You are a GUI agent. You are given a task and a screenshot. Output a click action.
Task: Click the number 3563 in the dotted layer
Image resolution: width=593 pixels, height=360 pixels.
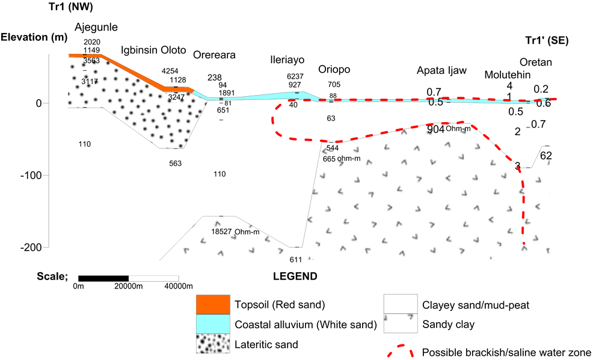(x=91, y=61)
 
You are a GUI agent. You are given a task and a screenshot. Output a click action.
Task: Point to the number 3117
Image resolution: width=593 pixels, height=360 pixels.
(x=90, y=81)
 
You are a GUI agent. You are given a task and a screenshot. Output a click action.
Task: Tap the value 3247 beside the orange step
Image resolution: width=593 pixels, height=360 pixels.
(x=176, y=97)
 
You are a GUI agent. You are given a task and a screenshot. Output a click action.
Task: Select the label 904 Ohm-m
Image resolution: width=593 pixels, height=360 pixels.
(x=449, y=129)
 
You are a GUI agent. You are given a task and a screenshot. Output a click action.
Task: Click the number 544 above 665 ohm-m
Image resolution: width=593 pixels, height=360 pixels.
(x=332, y=148)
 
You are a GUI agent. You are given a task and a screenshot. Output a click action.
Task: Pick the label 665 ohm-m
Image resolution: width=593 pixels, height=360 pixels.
(x=342, y=159)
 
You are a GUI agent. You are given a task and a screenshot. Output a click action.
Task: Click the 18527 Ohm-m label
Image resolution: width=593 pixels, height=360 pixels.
(x=235, y=231)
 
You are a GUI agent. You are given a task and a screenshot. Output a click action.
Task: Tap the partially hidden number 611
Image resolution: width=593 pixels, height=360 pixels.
(x=296, y=259)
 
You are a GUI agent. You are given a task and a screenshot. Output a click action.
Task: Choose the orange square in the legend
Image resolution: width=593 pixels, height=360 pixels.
(x=213, y=304)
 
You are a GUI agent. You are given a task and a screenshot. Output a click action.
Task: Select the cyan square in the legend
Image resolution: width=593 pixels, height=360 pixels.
(x=213, y=324)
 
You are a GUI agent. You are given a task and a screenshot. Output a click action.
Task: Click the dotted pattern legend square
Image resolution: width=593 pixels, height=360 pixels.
(x=213, y=344)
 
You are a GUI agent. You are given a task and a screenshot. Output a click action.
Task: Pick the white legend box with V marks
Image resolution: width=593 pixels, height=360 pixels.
(x=401, y=323)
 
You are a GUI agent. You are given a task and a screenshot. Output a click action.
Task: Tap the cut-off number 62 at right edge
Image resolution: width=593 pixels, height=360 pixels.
(x=545, y=156)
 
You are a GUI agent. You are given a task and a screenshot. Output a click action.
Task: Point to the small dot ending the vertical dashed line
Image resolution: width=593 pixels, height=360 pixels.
(x=524, y=243)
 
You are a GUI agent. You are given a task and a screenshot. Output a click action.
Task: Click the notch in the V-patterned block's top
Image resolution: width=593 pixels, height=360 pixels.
(x=527, y=168)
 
